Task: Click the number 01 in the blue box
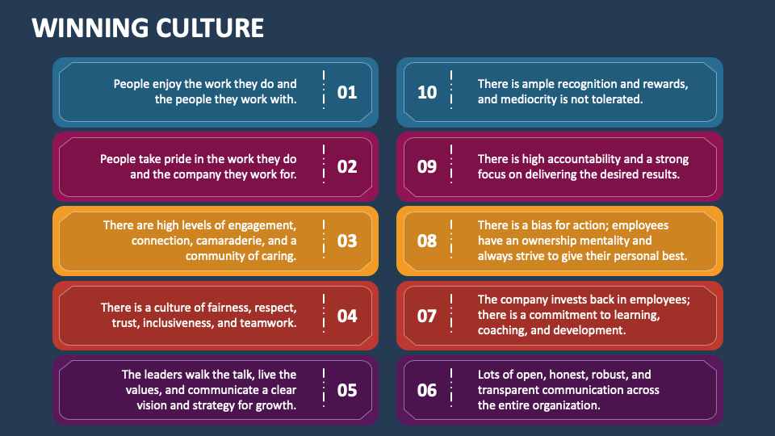[346, 92]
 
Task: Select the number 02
[346, 166]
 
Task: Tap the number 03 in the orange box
[346, 241]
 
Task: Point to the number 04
[346, 315]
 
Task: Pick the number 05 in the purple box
[346, 390]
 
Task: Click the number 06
[427, 390]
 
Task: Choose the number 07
[427, 315]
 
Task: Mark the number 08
[427, 241]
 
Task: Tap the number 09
[427, 166]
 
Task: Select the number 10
[427, 92]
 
